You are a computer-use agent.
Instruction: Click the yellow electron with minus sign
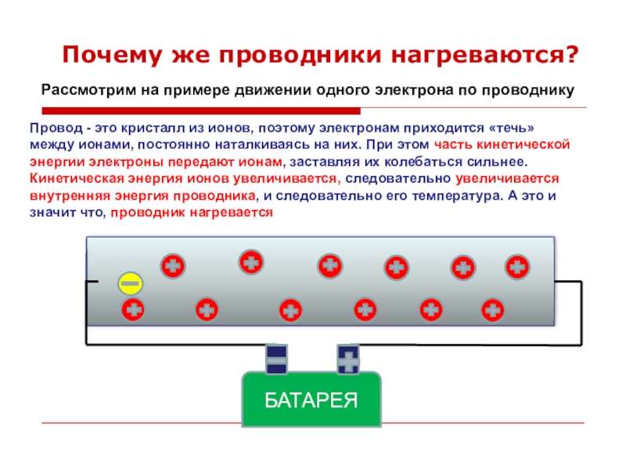[130, 283]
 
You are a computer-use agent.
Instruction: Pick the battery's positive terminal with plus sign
[347, 360]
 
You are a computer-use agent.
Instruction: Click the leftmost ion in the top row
[173, 267]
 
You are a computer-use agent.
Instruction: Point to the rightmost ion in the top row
[516, 267]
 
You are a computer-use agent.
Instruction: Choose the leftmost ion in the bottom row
[134, 310]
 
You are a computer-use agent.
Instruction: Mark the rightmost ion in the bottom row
[492, 310]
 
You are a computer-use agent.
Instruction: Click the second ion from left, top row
[251, 262]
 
